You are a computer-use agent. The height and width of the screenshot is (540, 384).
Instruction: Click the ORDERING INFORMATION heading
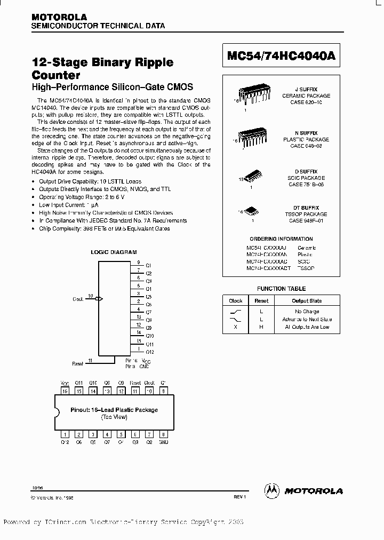(x=281, y=239)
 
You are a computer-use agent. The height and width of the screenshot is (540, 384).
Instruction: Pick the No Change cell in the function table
(x=307, y=311)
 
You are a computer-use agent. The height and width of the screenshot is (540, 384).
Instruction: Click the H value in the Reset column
(x=261, y=327)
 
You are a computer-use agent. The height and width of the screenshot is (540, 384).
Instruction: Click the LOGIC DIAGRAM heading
(x=114, y=251)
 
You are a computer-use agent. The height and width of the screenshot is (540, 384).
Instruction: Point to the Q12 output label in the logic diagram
(x=149, y=352)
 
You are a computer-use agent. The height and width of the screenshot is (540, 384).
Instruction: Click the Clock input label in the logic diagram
(x=78, y=299)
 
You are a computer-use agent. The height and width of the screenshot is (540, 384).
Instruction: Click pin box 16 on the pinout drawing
(x=65, y=391)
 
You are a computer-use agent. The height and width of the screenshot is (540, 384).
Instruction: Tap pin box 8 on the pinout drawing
(x=164, y=434)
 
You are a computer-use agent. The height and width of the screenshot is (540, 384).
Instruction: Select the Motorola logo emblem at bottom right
(x=272, y=490)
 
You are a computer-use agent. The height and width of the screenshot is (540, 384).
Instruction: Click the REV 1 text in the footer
(x=239, y=497)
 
